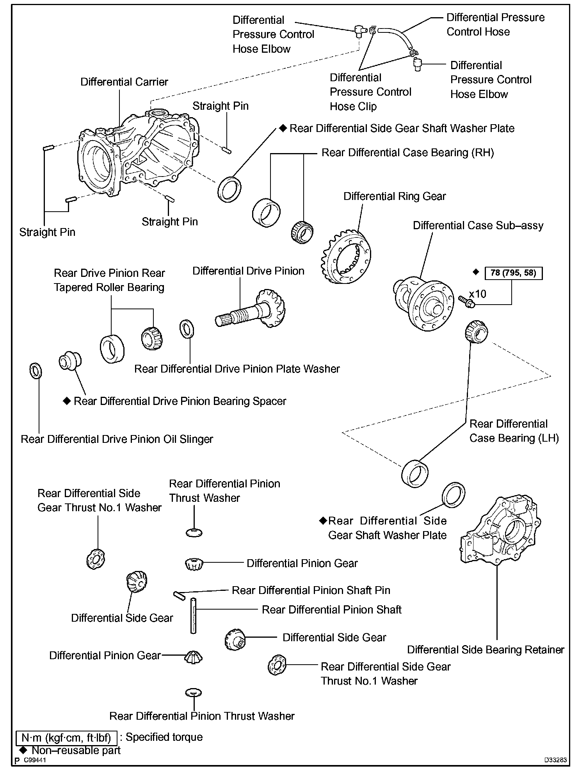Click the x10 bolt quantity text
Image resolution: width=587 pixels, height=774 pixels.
[477, 293]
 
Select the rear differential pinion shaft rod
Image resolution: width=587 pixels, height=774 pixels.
[193, 615]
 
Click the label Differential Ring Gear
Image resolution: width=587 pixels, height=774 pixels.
[394, 196]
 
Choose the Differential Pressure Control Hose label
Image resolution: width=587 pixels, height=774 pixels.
[495, 25]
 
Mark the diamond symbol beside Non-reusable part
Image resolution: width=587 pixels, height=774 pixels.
[23, 750]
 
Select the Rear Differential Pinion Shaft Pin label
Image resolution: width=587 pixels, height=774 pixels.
[311, 590]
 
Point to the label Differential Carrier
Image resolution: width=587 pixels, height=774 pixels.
[124, 82]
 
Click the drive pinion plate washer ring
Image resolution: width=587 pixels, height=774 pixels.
[187, 329]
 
